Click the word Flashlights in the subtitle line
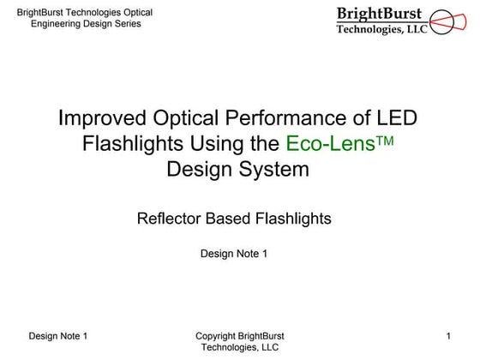tap(293, 219)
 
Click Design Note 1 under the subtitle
tap(234, 253)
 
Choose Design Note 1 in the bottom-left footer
tap(58, 335)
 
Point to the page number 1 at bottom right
tap(449, 335)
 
